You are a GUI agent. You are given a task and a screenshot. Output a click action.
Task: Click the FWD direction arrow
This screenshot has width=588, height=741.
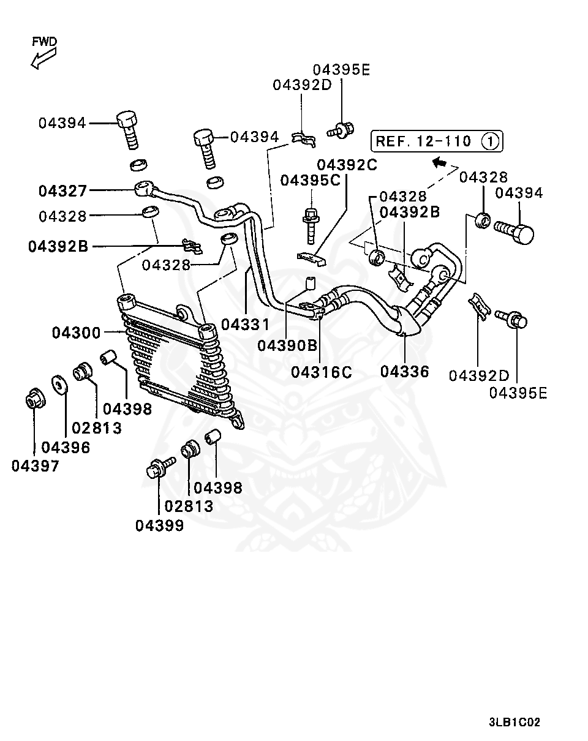pyautogui.click(x=43, y=59)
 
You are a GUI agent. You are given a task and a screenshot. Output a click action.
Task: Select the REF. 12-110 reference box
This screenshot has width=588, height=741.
pyautogui.click(x=436, y=141)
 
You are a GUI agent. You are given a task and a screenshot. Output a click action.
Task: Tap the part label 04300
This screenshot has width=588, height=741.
pyautogui.click(x=76, y=333)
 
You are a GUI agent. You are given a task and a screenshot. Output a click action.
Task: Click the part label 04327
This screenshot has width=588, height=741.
pyautogui.click(x=63, y=191)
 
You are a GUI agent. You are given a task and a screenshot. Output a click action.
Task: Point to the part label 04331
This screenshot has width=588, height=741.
pyautogui.click(x=246, y=323)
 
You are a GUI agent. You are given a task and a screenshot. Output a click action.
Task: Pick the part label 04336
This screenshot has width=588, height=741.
pyautogui.click(x=404, y=371)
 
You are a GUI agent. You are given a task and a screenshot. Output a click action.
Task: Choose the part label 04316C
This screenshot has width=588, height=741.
pyautogui.click(x=322, y=371)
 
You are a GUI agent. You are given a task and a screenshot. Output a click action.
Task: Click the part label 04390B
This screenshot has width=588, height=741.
pyautogui.click(x=287, y=345)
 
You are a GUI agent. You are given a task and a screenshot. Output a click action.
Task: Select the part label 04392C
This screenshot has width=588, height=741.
pyautogui.click(x=347, y=165)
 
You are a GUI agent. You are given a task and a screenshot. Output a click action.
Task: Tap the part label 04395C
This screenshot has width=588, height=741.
pyautogui.click(x=310, y=181)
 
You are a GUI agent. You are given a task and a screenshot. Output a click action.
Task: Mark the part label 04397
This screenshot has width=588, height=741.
pyautogui.click(x=36, y=466)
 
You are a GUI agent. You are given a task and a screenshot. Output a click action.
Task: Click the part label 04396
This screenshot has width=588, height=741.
pyautogui.click(x=66, y=448)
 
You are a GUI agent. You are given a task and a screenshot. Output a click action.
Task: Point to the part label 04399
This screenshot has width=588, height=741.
pyautogui.click(x=159, y=525)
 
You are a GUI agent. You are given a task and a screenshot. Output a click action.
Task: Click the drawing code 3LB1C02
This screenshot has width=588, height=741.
pyautogui.click(x=514, y=722)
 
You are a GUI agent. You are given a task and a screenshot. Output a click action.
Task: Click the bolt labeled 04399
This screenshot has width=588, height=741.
pyautogui.click(x=157, y=469)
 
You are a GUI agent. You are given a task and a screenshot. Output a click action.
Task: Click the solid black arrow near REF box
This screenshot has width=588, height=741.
pyautogui.click(x=439, y=162)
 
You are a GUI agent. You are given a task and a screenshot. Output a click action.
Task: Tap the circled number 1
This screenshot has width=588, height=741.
pyautogui.click(x=491, y=141)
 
